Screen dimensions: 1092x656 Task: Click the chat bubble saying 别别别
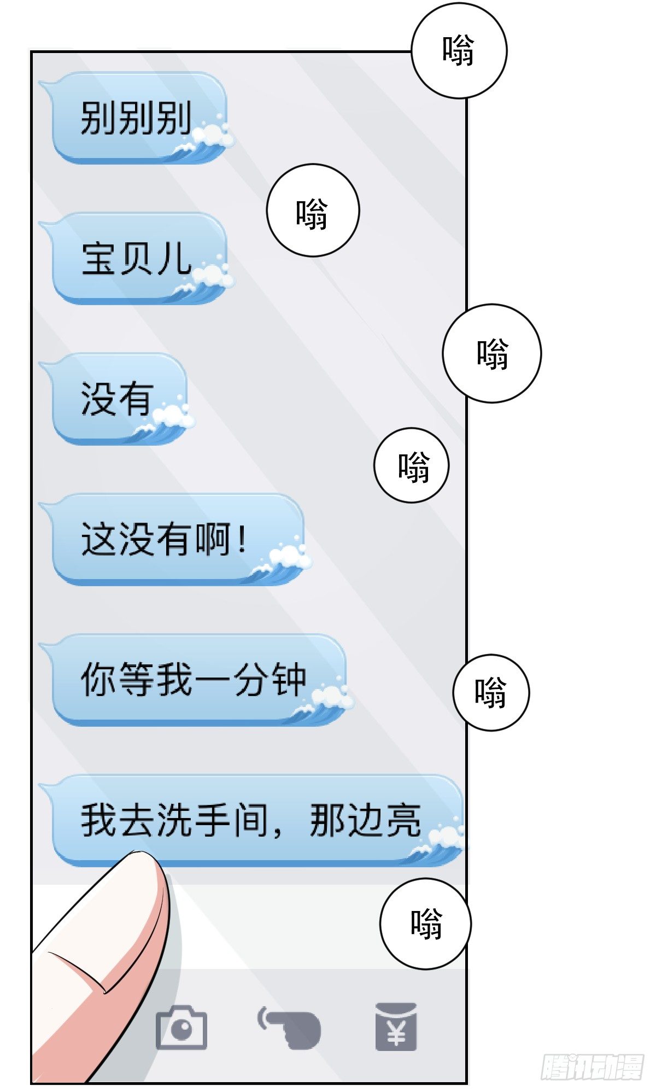[137, 118]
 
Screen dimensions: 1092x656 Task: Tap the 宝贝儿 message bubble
[137, 258]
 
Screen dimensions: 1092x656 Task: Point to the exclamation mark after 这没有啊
[242, 539]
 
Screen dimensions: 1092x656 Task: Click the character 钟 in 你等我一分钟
[289, 680]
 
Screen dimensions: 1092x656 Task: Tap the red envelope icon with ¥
[396, 1026]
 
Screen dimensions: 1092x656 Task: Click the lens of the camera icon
[181, 1030]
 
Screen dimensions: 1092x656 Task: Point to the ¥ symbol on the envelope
[396, 1033]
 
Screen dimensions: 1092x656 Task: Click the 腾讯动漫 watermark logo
[593, 1067]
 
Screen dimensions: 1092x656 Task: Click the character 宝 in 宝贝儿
[98, 258]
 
